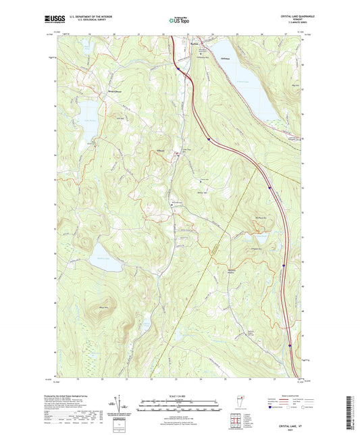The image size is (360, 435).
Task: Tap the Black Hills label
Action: [103, 307]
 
